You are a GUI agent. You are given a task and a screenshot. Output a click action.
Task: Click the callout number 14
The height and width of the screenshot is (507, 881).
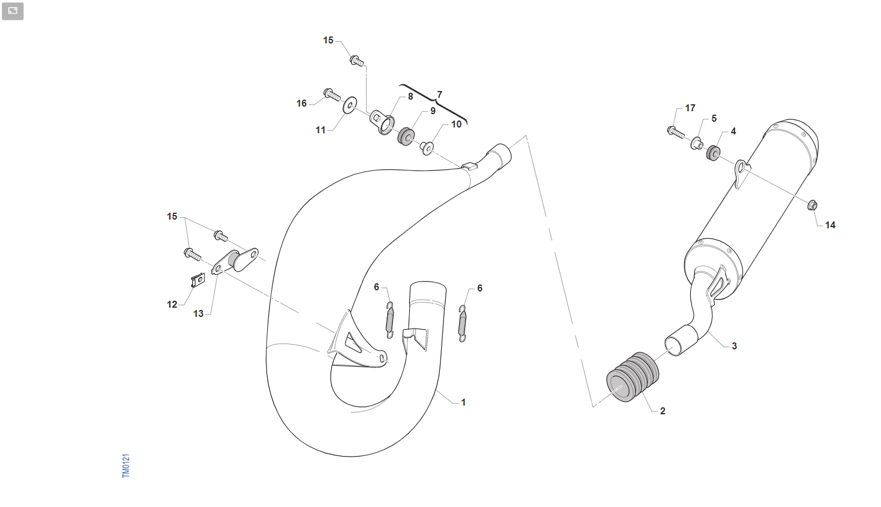click(x=830, y=225)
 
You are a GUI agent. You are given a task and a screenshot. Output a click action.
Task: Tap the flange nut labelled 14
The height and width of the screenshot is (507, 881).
click(x=812, y=205)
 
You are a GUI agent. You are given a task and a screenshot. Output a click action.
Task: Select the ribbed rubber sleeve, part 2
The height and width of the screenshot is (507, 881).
click(x=632, y=377)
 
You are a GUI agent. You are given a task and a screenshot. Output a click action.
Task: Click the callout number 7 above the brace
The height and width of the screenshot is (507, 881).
click(x=439, y=94)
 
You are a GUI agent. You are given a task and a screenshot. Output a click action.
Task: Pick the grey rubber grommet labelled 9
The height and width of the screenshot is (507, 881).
click(x=406, y=136)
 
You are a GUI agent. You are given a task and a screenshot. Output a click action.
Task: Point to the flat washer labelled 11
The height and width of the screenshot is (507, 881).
click(x=350, y=105)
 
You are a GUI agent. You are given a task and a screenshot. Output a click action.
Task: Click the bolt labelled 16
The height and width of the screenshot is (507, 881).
click(x=332, y=94)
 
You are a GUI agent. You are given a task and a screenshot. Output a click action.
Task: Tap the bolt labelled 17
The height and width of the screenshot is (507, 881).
click(x=676, y=132)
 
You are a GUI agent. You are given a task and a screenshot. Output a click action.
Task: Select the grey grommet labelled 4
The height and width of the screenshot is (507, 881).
click(x=713, y=152)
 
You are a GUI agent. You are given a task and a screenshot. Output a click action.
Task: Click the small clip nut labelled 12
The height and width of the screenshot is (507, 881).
click(x=198, y=280)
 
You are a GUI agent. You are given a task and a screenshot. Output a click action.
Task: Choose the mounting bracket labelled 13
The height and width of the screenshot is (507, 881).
click(x=235, y=261)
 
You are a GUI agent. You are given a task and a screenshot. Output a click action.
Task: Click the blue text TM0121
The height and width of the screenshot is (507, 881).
click(x=126, y=466)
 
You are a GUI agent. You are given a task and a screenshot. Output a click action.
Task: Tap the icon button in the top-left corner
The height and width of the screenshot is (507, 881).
click(x=13, y=11)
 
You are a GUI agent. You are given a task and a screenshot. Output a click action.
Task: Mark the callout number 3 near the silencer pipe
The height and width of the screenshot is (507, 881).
click(x=734, y=346)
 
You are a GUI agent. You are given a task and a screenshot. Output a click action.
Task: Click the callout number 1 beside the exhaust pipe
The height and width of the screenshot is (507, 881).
click(x=463, y=402)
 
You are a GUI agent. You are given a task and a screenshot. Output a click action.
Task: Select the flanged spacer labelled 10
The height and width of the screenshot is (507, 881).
click(x=427, y=148)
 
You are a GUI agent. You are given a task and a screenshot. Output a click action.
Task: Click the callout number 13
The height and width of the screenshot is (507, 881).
click(x=198, y=313)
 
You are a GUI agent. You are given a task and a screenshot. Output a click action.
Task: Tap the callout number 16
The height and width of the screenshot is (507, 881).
click(x=301, y=104)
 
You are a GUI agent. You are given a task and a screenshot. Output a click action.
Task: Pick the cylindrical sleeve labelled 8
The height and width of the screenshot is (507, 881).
click(x=381, y=122)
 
